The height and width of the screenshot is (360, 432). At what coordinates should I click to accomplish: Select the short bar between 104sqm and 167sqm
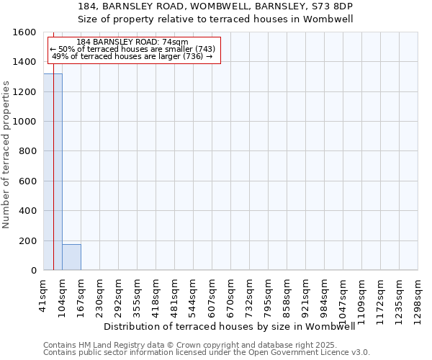pyautogui.click(x=71, y=257)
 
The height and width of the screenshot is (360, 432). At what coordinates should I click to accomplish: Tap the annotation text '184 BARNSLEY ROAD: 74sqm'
pyautogui.click(x=132, y=42)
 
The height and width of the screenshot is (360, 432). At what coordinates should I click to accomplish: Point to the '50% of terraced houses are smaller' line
pyautogui.click(x=132, y=49)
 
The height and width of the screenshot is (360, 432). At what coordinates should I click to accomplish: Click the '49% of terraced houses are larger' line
pyautogui.click(x=132, y=56)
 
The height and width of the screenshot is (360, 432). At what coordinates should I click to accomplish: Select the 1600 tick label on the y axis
pyautogui.click(x=25, y=32)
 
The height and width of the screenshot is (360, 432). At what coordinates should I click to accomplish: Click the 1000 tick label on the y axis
pyautogui.click(x=25, y=122)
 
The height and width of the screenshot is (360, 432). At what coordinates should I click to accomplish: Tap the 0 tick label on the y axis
pyautogui.click(x=33, y=271)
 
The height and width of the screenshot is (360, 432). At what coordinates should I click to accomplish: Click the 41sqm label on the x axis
pyautogui.click(x=44, y=294)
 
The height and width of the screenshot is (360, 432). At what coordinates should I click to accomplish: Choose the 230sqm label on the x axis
pyautogui.click(x=100, y=295)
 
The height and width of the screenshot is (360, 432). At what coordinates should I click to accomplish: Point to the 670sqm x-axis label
pyautogui.click(x=231, y=295)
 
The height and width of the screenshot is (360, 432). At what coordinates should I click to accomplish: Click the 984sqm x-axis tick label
pyautogui.click(x=325, y=295)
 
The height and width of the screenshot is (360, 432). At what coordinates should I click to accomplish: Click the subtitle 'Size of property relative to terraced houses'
pyautogui.click(x=216, y=19)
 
